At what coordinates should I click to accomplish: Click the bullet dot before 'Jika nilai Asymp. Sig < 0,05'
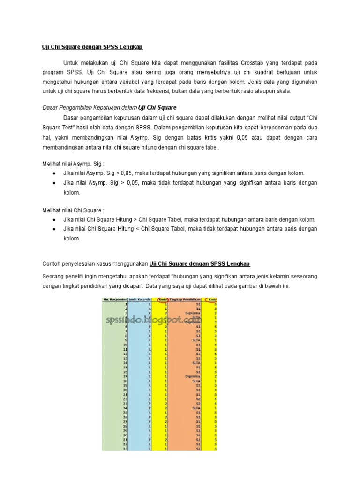55,173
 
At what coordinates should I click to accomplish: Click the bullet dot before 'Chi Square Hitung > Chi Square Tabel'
55,220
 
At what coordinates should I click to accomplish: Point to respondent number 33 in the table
125,449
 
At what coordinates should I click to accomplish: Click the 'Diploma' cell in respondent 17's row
192,376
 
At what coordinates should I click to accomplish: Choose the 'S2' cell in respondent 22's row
198,398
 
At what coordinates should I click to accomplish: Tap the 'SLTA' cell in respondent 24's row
196,408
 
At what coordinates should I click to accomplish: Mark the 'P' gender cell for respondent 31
150,440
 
